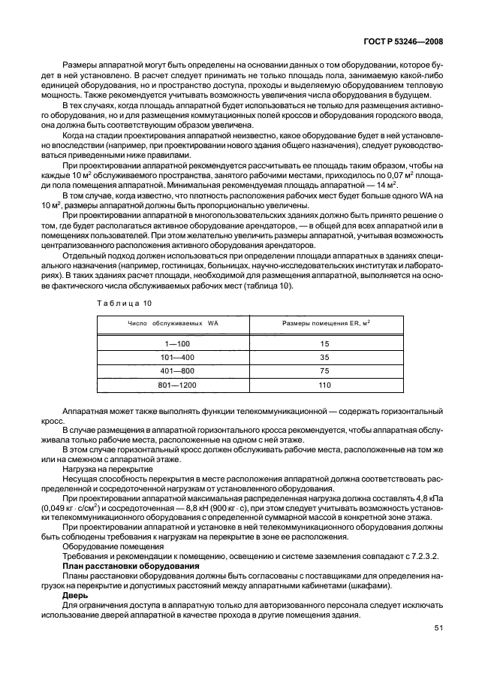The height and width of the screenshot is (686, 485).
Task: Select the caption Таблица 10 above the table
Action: point(125,302)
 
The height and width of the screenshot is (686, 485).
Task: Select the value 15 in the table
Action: point(324,343)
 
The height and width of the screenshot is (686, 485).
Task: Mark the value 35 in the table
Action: point(324,357)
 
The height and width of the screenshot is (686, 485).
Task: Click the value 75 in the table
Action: point(324,371)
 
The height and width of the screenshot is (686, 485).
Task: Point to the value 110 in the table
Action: point(324,385)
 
